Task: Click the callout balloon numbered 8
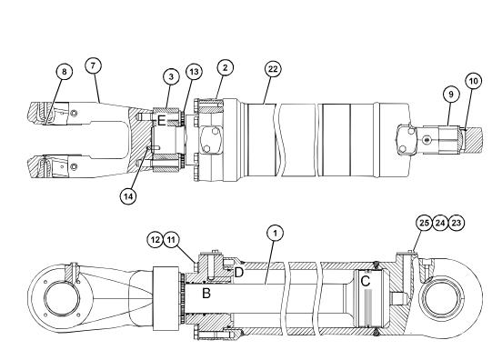65,71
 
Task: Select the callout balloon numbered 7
93,65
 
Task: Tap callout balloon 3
171,76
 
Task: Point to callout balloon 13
194,72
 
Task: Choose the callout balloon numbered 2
225,67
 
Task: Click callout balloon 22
273,69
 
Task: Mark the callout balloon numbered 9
451,95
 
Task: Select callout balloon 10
474,81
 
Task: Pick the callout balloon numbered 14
128,196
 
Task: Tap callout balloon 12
156,239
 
